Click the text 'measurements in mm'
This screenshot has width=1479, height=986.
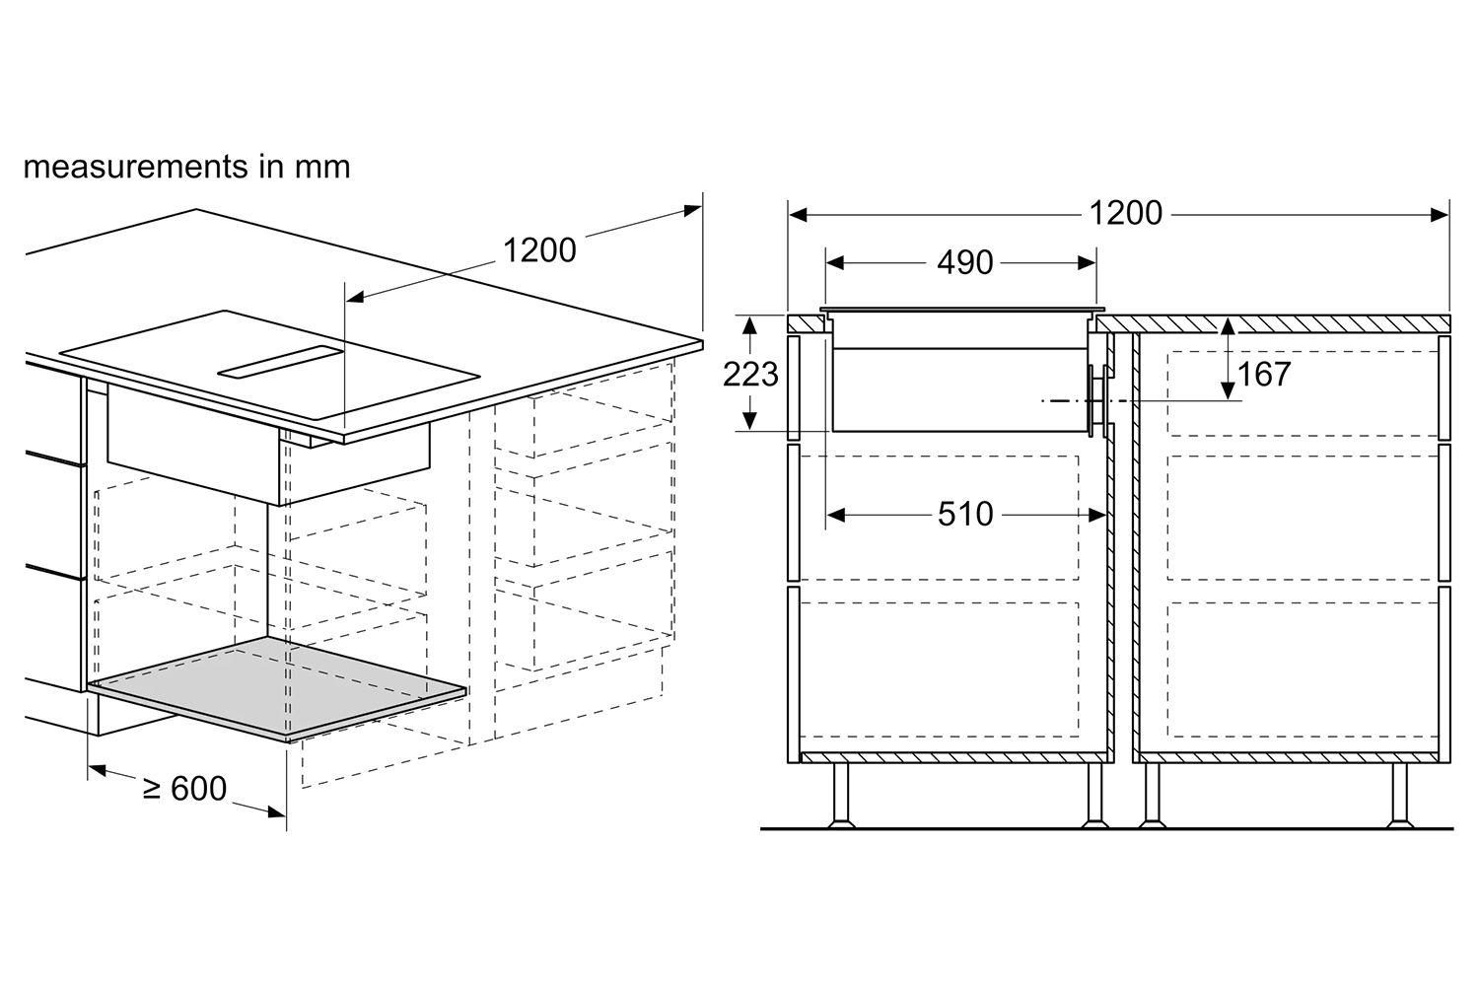(x=187, y=167)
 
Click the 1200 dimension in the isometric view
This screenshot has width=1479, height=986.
(x=539, y=250)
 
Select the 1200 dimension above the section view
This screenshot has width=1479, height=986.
(x=1125, y=213)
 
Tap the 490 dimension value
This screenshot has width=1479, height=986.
(x=964, y=263)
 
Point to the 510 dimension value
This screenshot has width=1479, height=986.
(x=965, y=514)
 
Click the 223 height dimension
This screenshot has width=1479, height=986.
(x=750, y=375)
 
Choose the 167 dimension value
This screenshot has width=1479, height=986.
(x=1264, y=375)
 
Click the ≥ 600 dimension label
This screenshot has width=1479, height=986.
(x=185, y=788)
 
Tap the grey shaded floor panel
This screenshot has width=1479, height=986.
(x=277, y=688)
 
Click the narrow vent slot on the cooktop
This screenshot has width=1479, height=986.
(x=281, y=363)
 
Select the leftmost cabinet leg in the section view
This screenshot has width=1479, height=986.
(x=840, y=796)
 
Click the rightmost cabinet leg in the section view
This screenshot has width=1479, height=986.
(x=1399, y=796)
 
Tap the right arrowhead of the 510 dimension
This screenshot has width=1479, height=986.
(x=1097, y=515)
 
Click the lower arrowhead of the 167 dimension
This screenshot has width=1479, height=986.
(x=1228, y=391)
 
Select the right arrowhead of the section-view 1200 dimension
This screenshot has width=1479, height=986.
(x=1440, y=215)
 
